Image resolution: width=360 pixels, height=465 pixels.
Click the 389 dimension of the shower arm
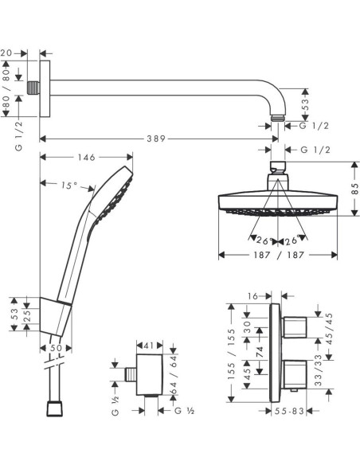click(156, 139)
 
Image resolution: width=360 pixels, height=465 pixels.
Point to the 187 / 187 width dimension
click(276, 255)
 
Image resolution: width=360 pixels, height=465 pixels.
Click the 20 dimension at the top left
click(7, 53)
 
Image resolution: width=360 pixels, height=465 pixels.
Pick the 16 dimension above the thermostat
click(253, 295)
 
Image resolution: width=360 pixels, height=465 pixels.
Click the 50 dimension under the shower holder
click(55, 348)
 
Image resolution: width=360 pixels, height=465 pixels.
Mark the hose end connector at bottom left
click(54, 408)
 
